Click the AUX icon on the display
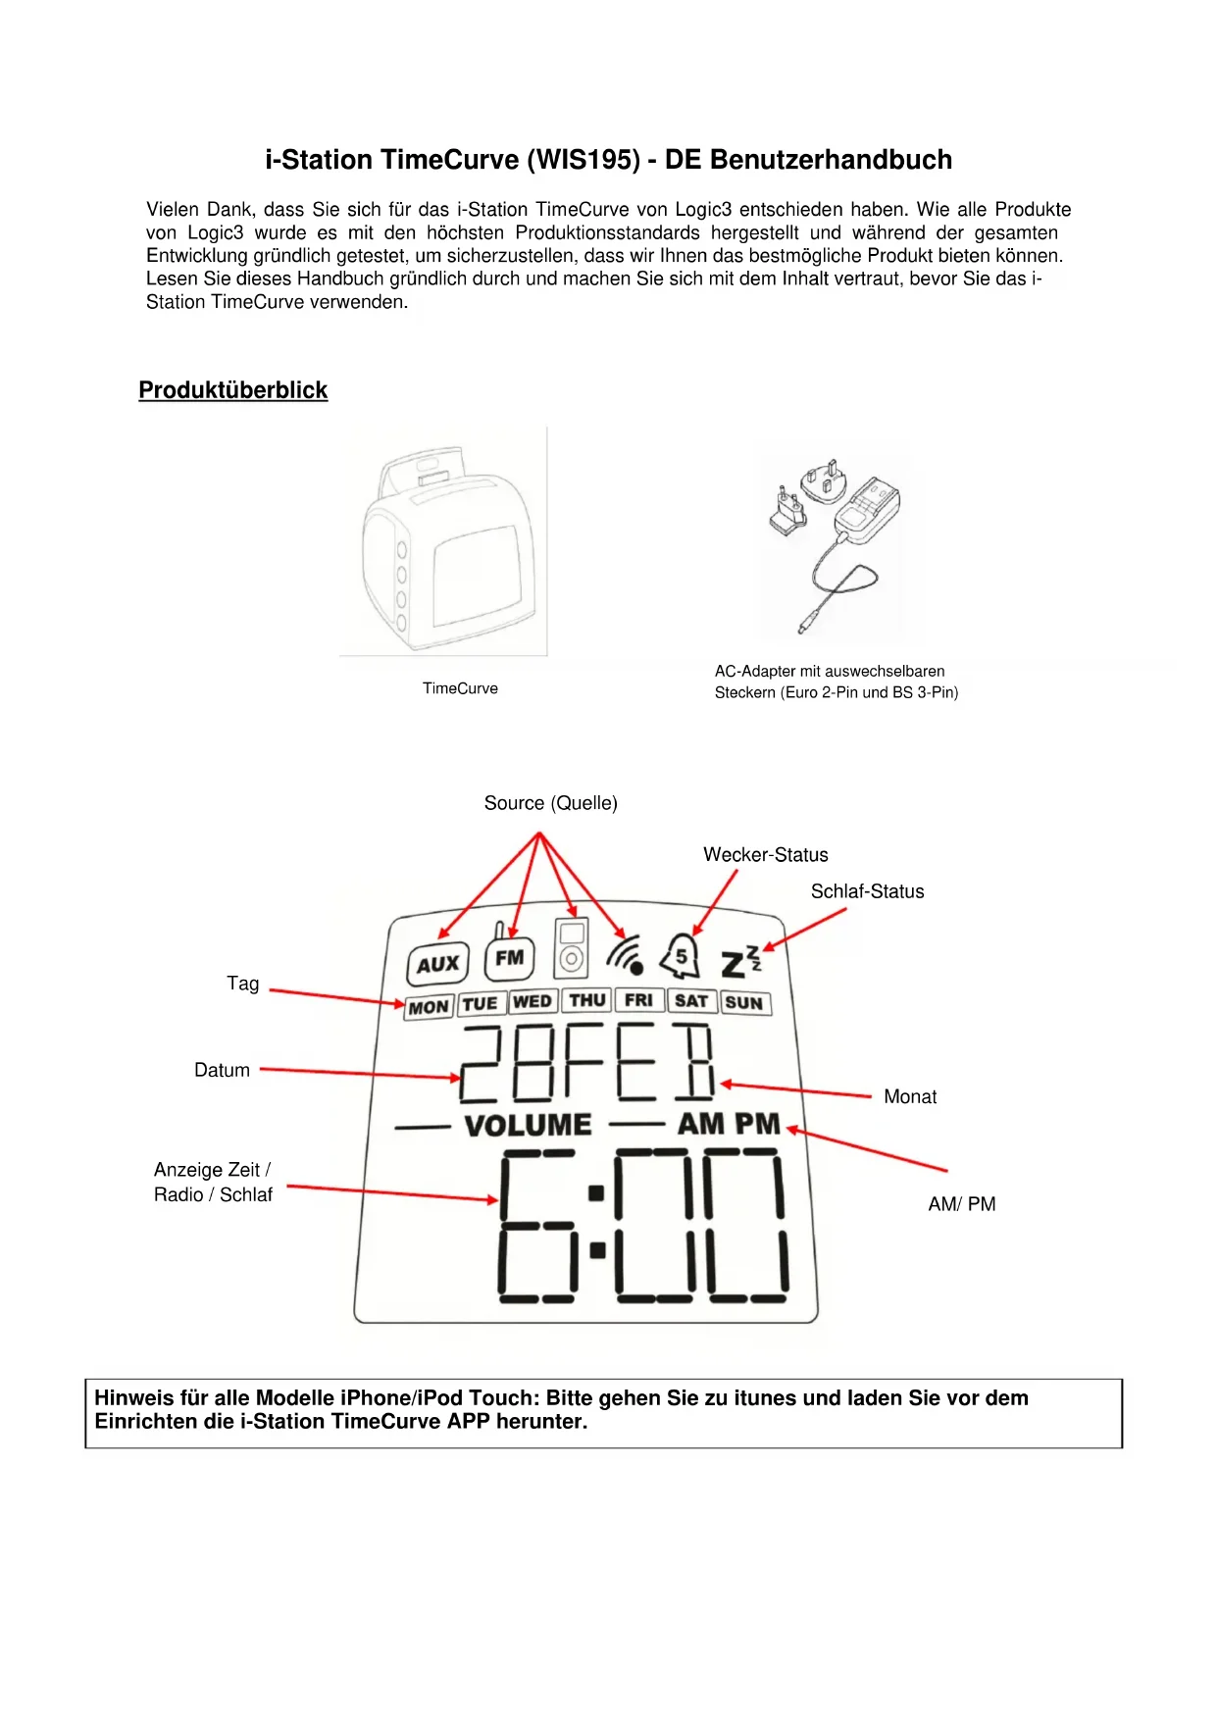point(437,964)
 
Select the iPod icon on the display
point(571,948)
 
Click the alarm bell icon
point(681,956)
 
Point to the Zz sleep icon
point(740,962)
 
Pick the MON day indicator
point(429,1007)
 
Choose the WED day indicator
point(532,1001)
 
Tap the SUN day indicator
point(744,1002)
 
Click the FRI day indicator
point(638,1000)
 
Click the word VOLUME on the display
point(528,1125)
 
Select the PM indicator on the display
point(757,1124)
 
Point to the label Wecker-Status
point(765,855)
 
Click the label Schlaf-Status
point(867,891)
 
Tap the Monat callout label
point(910,1096)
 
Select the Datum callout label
point(222,1070)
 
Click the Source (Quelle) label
point(550,803)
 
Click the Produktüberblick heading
point(232,390)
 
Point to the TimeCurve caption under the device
point(460,688)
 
